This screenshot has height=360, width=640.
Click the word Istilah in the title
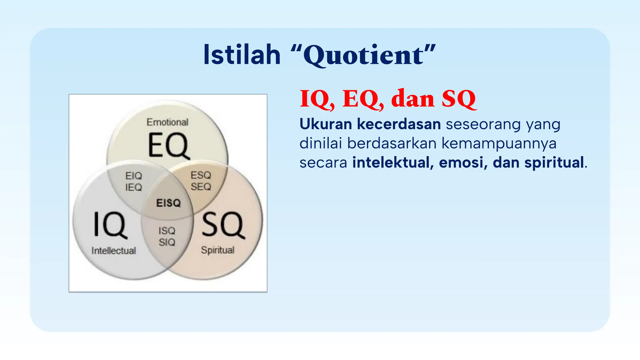click(242, 55)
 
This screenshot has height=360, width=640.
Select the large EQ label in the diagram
click(168, 145)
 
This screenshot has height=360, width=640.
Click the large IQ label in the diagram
click(110, 225)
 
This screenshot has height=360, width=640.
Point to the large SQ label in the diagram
click(222, 225)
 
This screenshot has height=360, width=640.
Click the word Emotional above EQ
click(167, 122)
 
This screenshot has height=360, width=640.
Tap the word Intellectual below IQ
click(113, 251)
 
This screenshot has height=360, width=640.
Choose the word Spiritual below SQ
click(217, 250)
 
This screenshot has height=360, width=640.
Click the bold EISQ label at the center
click(168, 203)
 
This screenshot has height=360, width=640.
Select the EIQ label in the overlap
click(133, 176)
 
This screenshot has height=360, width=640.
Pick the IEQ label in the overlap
click(133, 187)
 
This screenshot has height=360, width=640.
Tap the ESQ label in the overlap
click(201, 175)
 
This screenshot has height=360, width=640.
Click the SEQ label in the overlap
click(201, 187)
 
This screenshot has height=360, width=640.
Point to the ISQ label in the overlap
click(167, 231)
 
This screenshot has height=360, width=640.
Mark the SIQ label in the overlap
click(167, 242)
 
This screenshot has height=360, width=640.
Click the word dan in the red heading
click(412, 99)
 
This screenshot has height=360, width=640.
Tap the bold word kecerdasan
click(399, 124)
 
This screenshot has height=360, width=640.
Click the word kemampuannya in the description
click(499, 143)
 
